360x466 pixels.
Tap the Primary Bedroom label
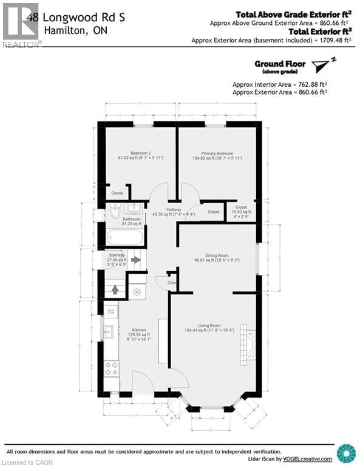click(217, 153)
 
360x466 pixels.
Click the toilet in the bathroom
click(115, 211)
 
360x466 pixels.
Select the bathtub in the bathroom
click(125, 236)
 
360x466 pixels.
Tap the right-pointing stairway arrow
click(136, 260)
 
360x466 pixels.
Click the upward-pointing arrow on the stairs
click(115, 289)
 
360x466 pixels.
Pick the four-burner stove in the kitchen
click(112, 368)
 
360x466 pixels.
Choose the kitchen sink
click(109, 331)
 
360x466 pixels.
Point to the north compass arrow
click(322, 65)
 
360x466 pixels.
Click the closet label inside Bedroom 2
click(117, 193)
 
